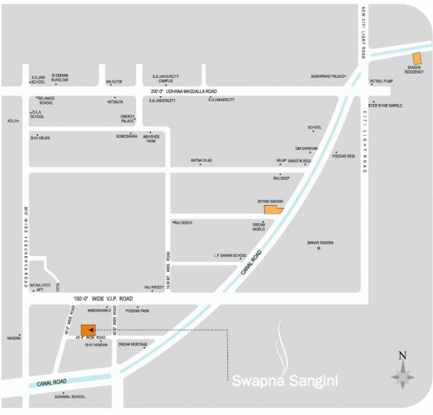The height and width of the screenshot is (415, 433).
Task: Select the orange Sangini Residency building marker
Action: (416, 60)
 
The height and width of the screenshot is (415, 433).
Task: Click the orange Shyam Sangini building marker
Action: (273, 210)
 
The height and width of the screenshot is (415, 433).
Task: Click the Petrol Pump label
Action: (380, 82)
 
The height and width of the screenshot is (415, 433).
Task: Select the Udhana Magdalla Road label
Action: (183, 92)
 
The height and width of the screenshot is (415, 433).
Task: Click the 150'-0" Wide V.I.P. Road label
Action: (103, 298)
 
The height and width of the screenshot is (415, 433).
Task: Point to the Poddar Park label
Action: (137, 310)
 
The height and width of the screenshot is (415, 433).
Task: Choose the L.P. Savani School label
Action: (230, 255)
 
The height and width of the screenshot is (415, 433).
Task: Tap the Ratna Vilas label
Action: (201, 160)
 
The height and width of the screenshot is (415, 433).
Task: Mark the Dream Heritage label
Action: (133, 344)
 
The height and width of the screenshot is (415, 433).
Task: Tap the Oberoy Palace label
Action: (128, 119)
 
